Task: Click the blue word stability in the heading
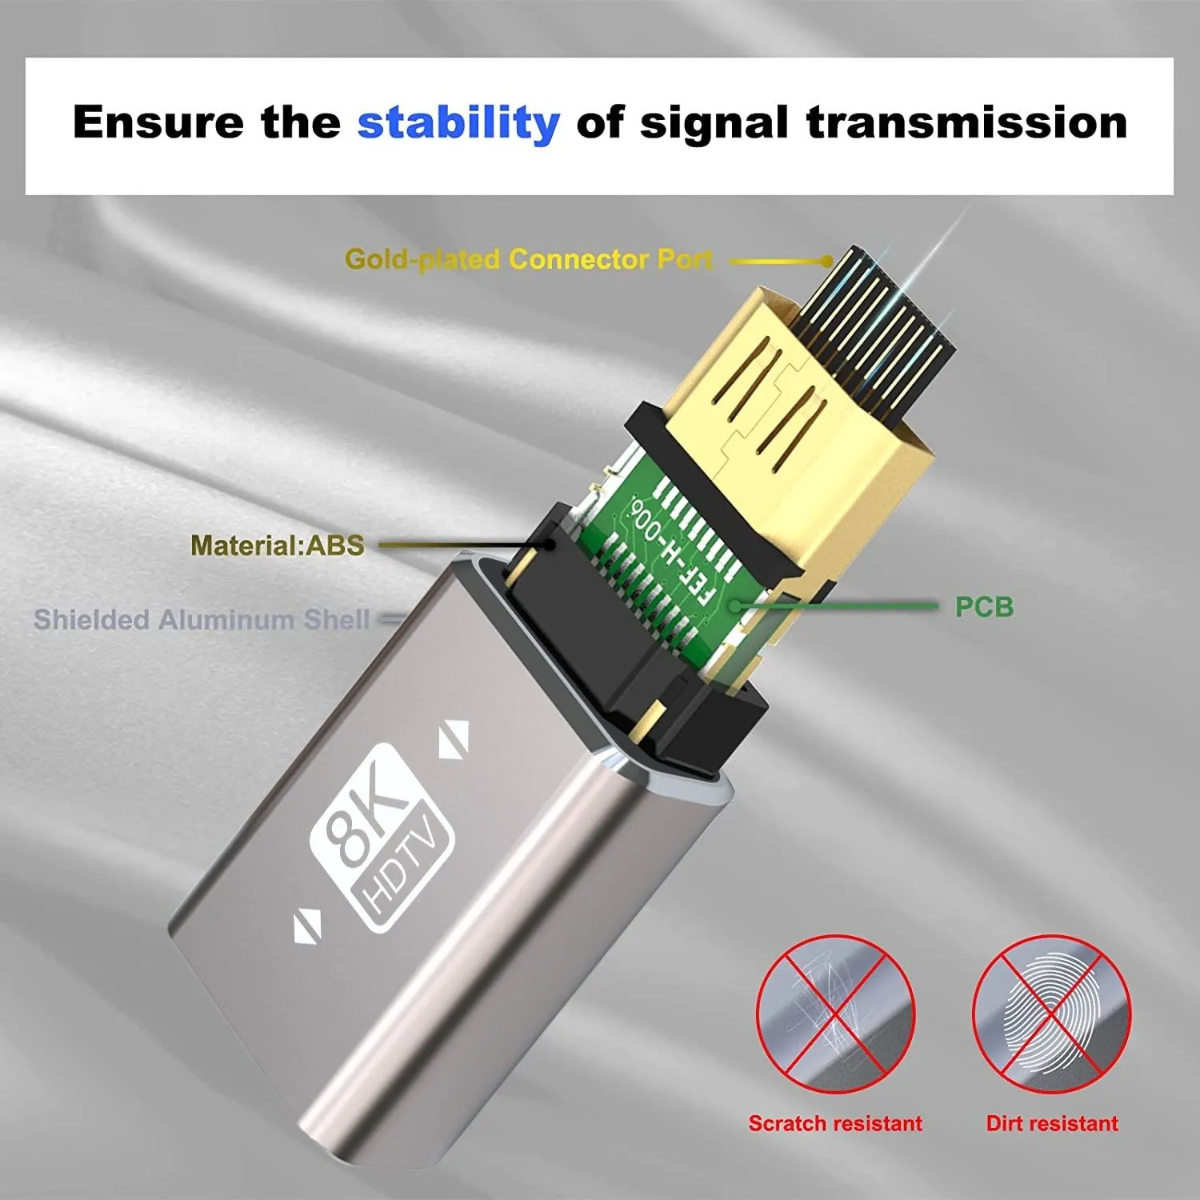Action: click(458, 123)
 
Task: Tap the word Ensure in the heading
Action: click(158, 122)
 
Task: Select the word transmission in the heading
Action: click(966, 122)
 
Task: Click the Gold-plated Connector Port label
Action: click(528, 259)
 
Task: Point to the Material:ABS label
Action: click(277, 546)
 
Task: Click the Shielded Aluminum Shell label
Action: click(201, 620)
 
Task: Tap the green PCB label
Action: click(983, 607)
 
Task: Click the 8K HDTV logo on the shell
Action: click(382, 836)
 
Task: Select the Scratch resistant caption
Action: click(835, 1123)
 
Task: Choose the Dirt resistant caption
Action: click(1051, 1123)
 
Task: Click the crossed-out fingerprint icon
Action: click(1051, 1015)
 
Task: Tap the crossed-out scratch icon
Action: click(835, 1015)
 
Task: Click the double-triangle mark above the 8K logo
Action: click(453, 740)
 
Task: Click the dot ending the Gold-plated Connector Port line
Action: click(827, 261)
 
